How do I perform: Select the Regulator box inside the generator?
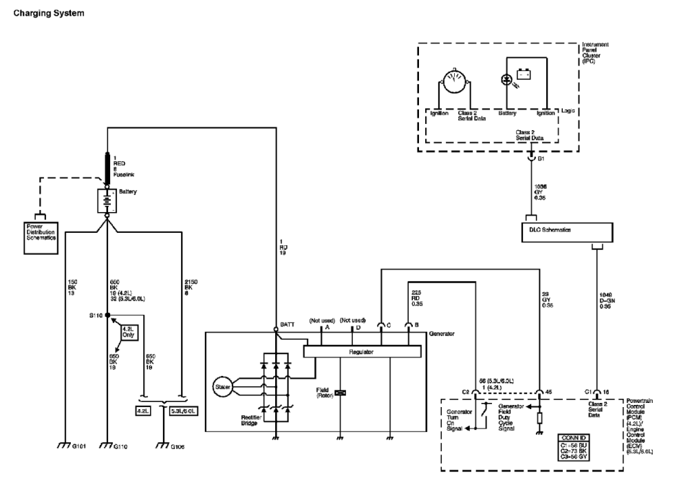pyautogui.click(x=361, y=351)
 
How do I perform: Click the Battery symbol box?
pyautogui.click(x=107, y=200)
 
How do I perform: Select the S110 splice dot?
pyautogui.click(x=107, y=314)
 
